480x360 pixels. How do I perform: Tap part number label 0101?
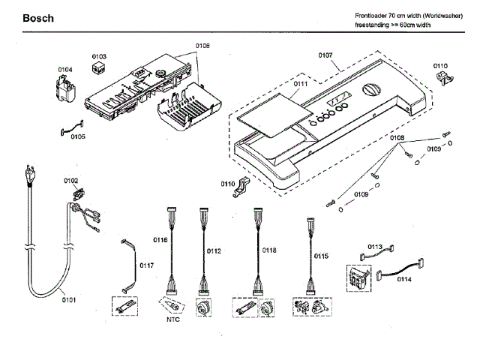[68, 301]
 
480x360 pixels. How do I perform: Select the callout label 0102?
[70, 181]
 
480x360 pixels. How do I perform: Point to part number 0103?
[99, 56]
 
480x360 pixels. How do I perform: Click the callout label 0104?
[66, 70]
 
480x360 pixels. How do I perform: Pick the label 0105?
[77, 136]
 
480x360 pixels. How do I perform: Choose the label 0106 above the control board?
[202, 46]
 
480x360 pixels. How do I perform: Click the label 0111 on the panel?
[301, 85]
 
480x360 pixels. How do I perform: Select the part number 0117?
[147, 265]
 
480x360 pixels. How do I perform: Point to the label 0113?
[375, 246]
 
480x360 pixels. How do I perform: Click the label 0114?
[403, 279]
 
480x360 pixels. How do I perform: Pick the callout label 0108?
[397, 138]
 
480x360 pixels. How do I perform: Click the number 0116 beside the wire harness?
[160, 240]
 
